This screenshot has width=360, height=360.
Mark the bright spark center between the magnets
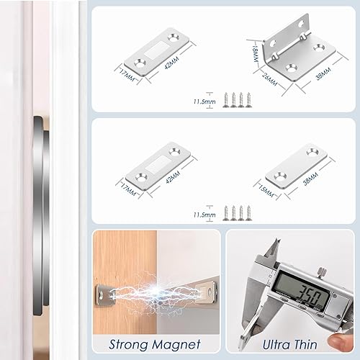[154, 292]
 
